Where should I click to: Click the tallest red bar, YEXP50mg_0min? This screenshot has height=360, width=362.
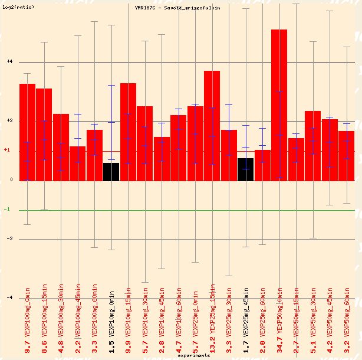(x=279, y=105)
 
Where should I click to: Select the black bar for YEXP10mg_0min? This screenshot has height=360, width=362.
(x=111, y=172)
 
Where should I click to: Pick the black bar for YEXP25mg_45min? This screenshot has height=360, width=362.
(x=245, y=169)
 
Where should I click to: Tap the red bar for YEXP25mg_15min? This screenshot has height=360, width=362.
(x=212, y=126)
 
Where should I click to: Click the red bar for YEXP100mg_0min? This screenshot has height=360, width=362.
(x=27, y=132)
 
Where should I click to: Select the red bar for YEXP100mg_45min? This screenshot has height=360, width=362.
(x=77, y=163)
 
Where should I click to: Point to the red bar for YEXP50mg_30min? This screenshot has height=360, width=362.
(x=312, y=146)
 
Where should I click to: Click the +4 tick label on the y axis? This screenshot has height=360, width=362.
(x=9, y=61)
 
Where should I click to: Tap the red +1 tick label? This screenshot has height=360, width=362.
(x=7, y=150)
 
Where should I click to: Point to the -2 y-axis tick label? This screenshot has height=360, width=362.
(x=9, y=239)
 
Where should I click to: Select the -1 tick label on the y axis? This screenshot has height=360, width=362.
(x=7, y=210)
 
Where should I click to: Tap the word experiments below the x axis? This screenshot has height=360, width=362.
(x=193, y=356)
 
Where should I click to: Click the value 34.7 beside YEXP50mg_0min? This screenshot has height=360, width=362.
(x=279, y=345)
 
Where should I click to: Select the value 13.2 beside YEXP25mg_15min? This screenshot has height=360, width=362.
(x=212, y=345)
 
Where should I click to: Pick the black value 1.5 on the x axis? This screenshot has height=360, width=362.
(x=111, y=347)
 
